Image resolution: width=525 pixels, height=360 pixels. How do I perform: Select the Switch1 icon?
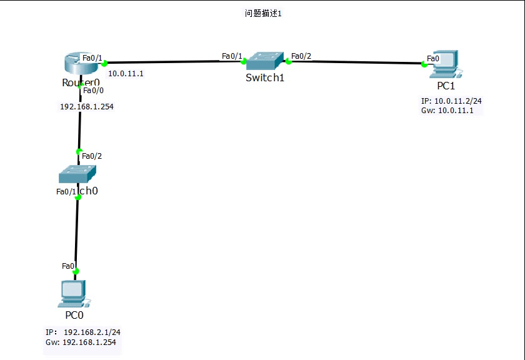point(264,61)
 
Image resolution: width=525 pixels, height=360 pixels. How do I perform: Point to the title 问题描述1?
point(263,13)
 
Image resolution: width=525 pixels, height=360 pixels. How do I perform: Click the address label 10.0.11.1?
point(126,74)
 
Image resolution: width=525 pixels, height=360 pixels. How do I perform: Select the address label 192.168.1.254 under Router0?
point(86,106)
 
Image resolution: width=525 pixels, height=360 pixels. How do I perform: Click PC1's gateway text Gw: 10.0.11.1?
point(447,110)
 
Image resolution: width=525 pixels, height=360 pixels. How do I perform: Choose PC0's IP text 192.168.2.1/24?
point(82,332)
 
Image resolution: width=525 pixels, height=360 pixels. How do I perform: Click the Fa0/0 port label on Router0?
point(94,90)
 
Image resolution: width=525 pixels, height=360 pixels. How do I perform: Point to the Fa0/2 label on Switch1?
point(301,56)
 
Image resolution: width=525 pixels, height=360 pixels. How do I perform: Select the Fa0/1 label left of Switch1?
point(232,56)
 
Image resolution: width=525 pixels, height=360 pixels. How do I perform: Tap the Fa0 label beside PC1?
point(432,58)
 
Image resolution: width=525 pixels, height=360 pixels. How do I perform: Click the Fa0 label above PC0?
point(68,266)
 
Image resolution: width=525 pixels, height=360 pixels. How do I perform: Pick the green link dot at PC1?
point(424,64)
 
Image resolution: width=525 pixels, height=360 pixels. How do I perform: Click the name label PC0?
point(74,315)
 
